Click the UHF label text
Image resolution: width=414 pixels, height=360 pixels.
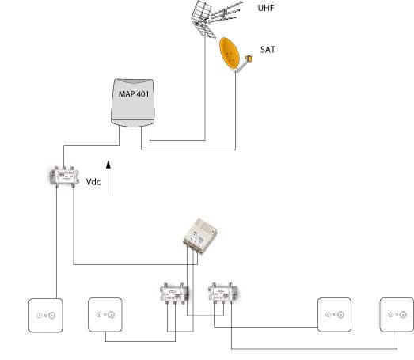[x=266, y=8]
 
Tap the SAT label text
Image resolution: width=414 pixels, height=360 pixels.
[x=268, y=50]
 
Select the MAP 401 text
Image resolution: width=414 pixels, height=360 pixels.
[x=134, y=94]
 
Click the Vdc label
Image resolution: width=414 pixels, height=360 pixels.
[x=93, y=182]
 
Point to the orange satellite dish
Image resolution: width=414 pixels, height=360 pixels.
[x=230, y=54]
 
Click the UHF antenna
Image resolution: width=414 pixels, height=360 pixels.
[x=214, y=18]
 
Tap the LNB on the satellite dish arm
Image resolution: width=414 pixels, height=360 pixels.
[x=249, y=59]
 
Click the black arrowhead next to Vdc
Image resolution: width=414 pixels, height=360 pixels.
[x=108, y=164]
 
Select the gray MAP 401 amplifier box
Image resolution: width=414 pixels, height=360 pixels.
[x=132, y=103]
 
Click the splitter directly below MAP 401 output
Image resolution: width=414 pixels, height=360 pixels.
[x=64, y=176]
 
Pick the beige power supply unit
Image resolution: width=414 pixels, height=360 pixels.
[x=200, y=236]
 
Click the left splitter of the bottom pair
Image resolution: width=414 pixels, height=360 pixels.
[x=174, y=294]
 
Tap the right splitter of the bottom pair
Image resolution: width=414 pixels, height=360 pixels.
[x=223, y=293]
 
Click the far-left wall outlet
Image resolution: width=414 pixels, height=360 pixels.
[x=46, y=316]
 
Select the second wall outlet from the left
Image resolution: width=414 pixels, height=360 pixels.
[x=105, y=315]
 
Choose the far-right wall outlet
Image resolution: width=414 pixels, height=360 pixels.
[x=397, y=315]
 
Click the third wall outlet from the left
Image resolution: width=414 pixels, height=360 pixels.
[x=335, y=315]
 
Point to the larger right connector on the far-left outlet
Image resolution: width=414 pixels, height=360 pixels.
[x=51, y=315]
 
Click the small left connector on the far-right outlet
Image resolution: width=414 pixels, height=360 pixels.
[x=390, y=315]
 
